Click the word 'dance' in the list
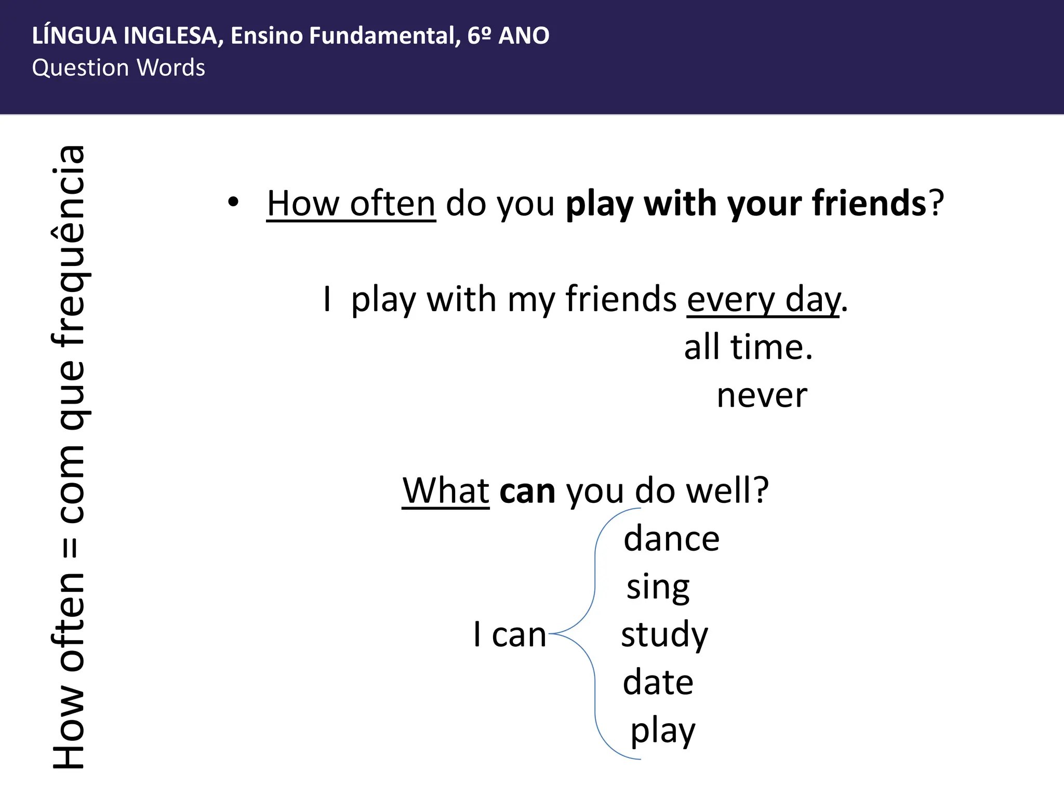[x=671, y=539]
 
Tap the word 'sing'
[x=658, y=588]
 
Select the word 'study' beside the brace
[x=664, y=635]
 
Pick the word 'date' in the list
[x=658, y=682]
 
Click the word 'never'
[x=762, y=396]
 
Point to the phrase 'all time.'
[x=748, y=348]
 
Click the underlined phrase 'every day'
[x=763, y=300]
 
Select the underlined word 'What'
[x=446, y=491]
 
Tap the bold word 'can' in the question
[x=527, y=491]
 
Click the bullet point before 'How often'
[x=233, y=202]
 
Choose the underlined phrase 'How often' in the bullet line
[x=351, y=204]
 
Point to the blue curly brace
[x=594, y=634]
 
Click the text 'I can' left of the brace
[x=510, y=635]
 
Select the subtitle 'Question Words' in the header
[x=118, y=68]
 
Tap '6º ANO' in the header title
[x=508, y=36]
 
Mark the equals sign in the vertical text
[x=71, y=548]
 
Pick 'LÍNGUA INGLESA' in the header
[x=124, y=36]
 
